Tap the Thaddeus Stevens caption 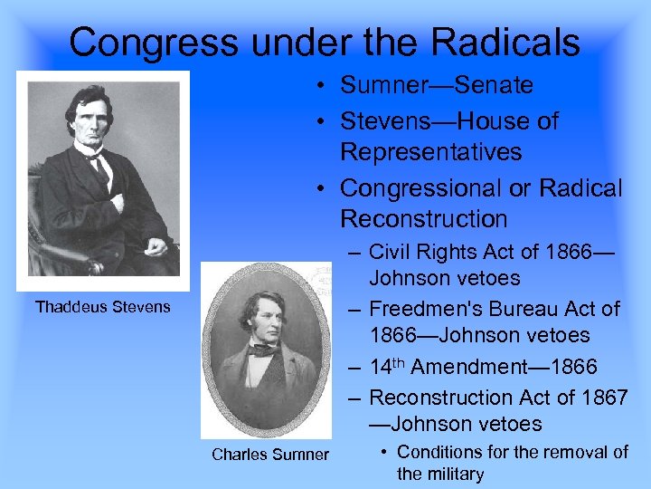coord(102,306)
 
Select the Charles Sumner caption coord(270,454)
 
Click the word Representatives coord(430,151)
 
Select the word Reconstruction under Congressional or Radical coord(425,218)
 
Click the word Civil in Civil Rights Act coord(390,251)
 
